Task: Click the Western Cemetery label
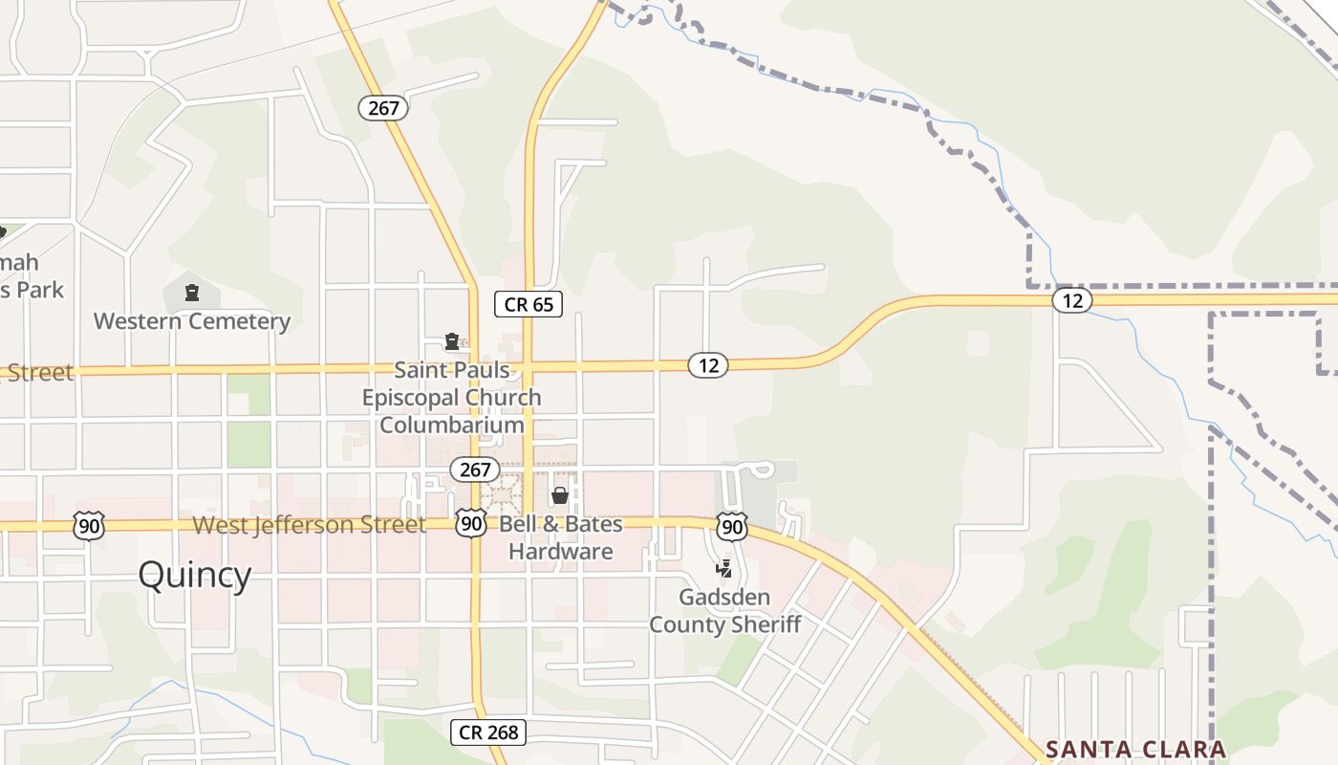point(192,321)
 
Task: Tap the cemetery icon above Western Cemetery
point(192,293)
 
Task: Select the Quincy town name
point(195,575)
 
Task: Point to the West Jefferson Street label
point(310,525)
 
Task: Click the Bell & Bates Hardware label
point(561,537)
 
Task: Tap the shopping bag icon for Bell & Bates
point(560,495)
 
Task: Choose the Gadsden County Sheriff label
point(724,611)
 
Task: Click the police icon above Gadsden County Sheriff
point(724,569)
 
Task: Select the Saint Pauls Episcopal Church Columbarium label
point(452,397)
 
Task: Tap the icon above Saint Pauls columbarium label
point(452,341)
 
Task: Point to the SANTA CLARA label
point(1135,749)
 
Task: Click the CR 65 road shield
point(529,305)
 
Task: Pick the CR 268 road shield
point(488,732)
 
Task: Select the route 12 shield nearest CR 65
point(708,364)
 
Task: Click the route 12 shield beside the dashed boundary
point(1072,300)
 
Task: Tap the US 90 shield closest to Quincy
point(88,525)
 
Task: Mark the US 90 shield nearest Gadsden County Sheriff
point(732,525)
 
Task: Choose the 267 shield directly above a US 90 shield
point(475,470)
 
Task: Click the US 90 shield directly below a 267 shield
point(470,523)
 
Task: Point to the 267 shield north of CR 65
point(383,108)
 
